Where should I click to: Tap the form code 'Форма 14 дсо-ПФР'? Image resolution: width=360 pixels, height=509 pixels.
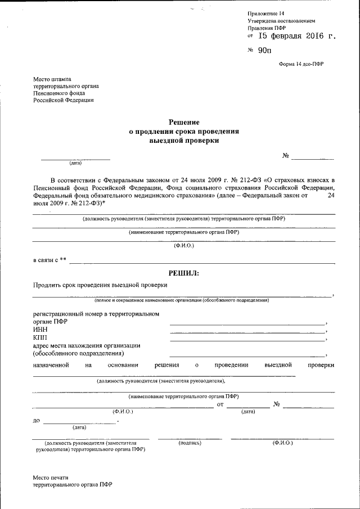[301, 64]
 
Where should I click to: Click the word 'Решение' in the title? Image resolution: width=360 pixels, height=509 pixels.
[184, 122]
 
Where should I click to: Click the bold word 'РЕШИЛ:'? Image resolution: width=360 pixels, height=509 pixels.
[184, 273]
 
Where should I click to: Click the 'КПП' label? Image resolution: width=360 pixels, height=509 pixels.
[40, 337]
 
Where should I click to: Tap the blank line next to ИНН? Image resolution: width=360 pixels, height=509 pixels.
[247, 332]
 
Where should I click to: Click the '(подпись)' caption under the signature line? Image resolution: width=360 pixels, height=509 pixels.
[190, 443]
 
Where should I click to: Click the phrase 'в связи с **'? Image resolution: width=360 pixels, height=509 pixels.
[49, 260]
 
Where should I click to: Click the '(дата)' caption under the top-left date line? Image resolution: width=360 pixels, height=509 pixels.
[75, 164]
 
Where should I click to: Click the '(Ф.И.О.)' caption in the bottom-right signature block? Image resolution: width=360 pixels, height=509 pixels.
[282, 443]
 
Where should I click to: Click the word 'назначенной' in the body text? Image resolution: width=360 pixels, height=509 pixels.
[51, 365]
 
